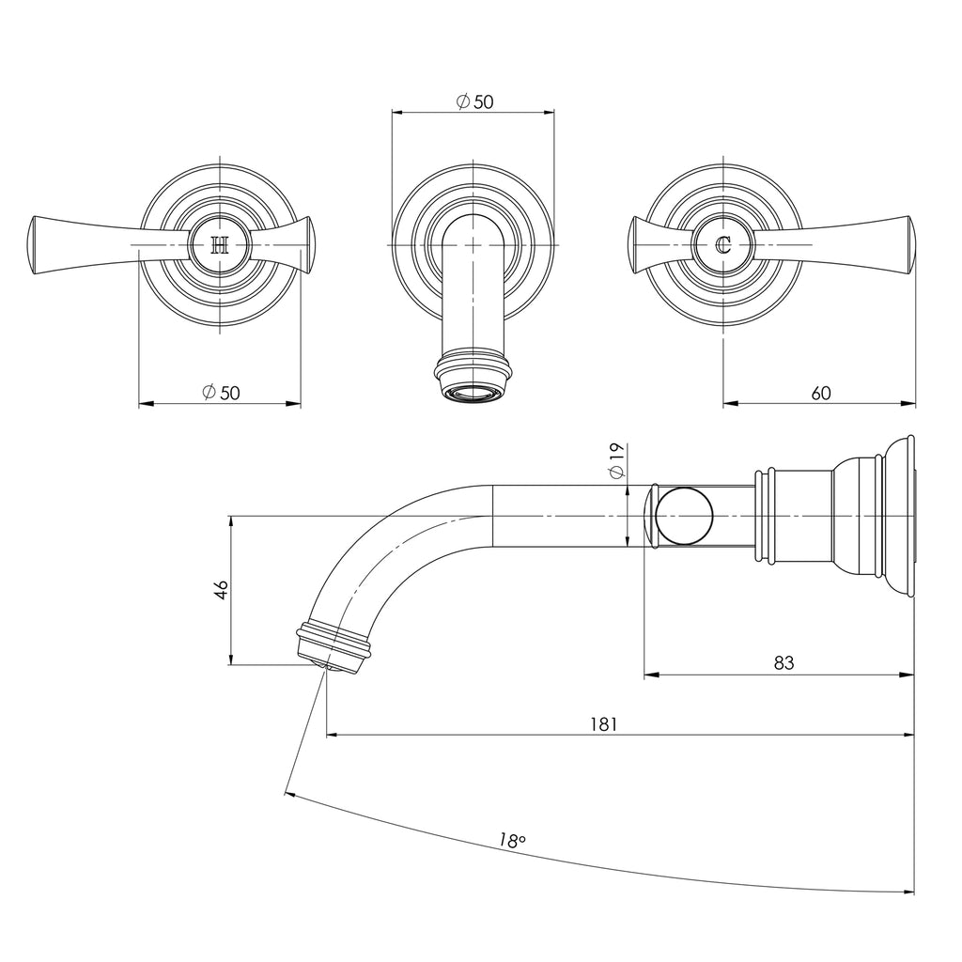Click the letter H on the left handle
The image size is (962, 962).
coord(220,246)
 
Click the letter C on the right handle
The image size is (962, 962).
coord(722,246)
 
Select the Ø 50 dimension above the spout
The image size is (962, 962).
coord(474,102)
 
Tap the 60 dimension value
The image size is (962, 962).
coord(820,394)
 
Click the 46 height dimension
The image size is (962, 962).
coord(221,590)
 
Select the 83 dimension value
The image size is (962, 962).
coord(784,662)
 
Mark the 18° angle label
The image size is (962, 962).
coord(511,841)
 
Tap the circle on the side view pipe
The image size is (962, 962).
coord(684,517)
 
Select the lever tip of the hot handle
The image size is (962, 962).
coord(37,246)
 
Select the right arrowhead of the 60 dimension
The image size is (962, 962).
coord(908,404)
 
